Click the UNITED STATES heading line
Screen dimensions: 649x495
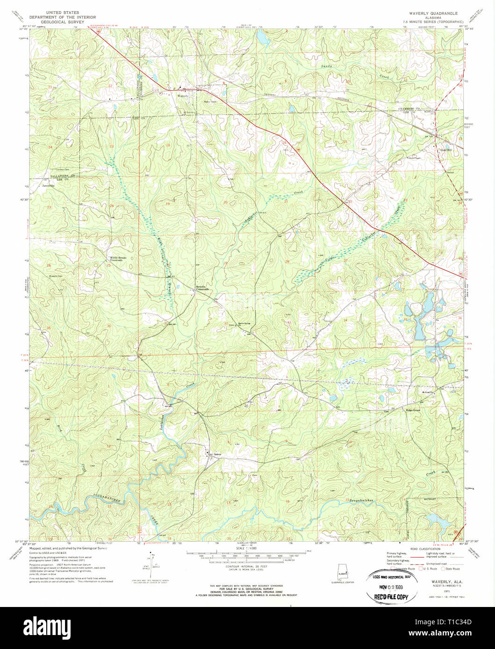(59, 12)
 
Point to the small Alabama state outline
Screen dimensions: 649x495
(343, 573)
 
